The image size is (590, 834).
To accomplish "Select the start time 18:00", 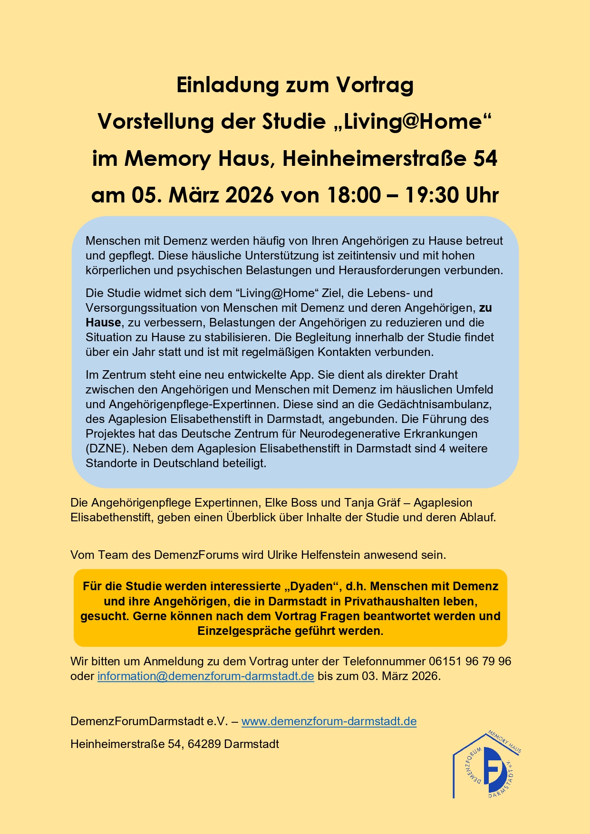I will point(354,195).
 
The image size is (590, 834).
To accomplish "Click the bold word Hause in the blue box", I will point(103,323).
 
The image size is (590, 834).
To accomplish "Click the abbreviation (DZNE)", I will point(107,449).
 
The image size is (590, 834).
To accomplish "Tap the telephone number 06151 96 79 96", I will point(470,661).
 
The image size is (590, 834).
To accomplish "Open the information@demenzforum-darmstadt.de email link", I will point(205,676).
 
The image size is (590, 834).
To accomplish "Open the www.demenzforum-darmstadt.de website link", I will point(329,721).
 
